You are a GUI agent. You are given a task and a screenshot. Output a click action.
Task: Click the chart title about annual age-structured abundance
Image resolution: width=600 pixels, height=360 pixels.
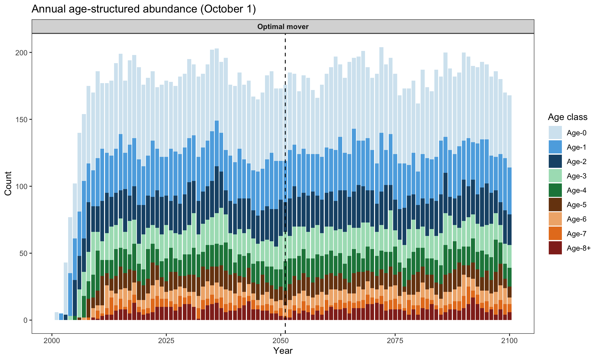coord(144,9)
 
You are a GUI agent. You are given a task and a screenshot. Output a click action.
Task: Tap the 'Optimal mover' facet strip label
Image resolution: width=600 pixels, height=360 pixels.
coord(283,27)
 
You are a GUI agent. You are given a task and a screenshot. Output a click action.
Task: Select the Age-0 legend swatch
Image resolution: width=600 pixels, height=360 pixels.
coord(555,133)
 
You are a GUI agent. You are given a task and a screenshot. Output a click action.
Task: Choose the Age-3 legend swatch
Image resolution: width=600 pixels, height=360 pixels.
coord(555,176)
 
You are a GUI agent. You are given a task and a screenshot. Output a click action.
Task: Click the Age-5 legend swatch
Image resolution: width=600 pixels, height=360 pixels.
coord(555,205)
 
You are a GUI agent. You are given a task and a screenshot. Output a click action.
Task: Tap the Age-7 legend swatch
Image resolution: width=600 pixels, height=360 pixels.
coord(555,234)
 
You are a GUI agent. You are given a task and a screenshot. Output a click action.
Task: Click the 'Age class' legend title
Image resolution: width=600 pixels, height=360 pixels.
coord(567,117)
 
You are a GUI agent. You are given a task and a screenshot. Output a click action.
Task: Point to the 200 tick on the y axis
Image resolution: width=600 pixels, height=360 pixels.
coord(22,52)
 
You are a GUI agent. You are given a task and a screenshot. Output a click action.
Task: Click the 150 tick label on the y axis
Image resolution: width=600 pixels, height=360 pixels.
coord(22,119)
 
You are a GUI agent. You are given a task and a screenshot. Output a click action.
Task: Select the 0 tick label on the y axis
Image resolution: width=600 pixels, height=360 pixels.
coord(26,320)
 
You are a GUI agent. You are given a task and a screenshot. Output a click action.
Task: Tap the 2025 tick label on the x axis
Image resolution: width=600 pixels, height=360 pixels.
coord(166,340)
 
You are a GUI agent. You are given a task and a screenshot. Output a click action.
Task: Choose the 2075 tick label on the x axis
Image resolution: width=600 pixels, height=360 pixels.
coord(395,340)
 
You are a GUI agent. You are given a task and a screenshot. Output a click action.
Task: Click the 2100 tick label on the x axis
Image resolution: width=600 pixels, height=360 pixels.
coord(510,340)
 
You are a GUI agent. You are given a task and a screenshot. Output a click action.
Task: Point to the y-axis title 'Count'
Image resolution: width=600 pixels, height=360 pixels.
coord(8,183)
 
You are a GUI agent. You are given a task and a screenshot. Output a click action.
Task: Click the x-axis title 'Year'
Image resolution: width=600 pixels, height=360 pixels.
coord(283,351)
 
